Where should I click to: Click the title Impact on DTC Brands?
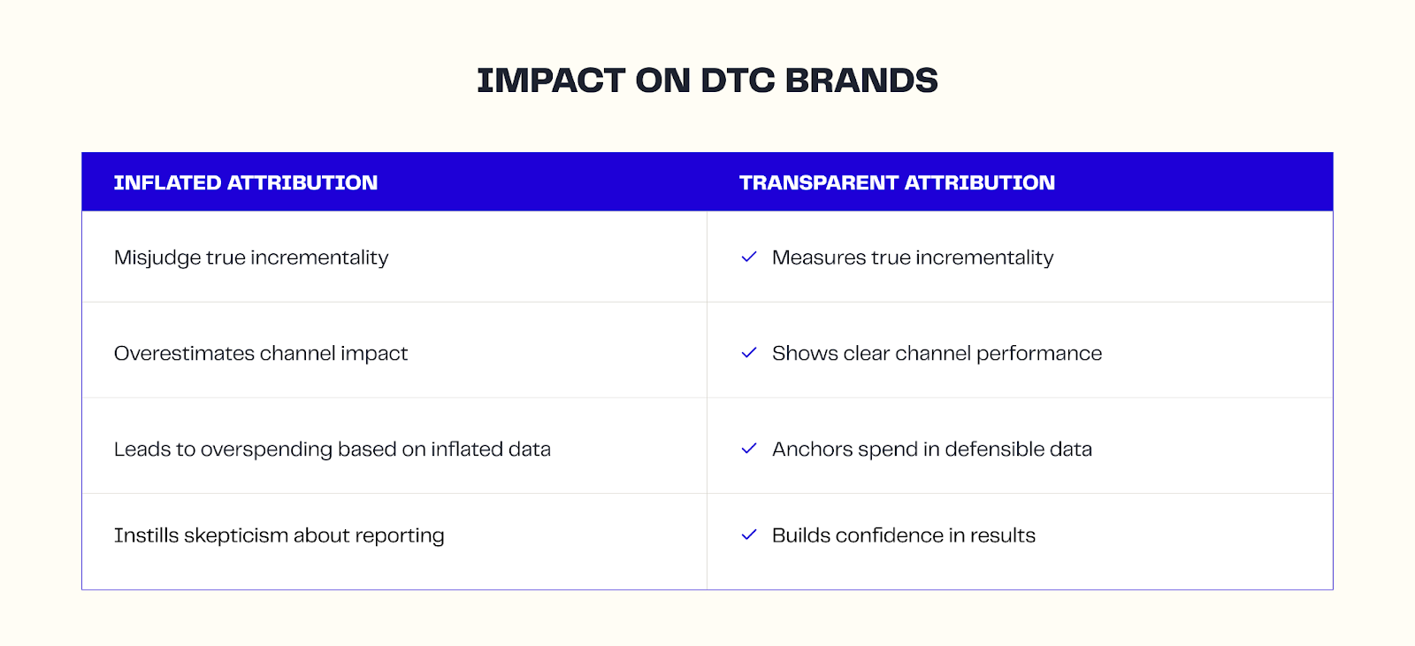(707, 81)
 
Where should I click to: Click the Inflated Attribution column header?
(245, 183)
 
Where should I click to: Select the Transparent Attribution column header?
(897, 183)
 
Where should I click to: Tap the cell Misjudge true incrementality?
(251, 258)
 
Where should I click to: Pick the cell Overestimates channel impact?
(261, 353)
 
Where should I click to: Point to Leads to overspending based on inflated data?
(332, 450)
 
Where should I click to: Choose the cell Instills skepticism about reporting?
(279, 535)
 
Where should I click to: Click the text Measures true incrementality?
(913, 258)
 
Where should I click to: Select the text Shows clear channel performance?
(937, 353)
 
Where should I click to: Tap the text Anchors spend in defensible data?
(931, 450)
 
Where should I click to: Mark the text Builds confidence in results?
(903, 535)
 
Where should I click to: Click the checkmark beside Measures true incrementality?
(749, 257)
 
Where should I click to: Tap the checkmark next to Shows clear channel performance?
(749, 352)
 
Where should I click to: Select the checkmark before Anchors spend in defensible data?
(749, 449)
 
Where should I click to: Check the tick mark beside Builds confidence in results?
(749, 534)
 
